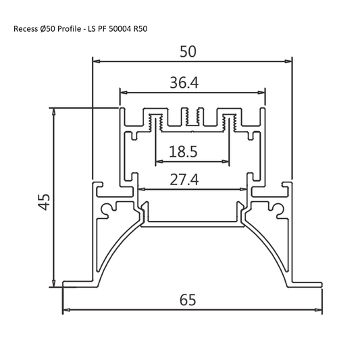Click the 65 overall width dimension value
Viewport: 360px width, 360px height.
click(x=188, y=299)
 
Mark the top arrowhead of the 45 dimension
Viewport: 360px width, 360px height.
click(x=53, y=110)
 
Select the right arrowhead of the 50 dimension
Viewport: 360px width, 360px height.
click(x=291, y=61)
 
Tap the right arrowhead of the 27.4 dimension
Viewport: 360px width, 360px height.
click(x=242, y=190)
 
